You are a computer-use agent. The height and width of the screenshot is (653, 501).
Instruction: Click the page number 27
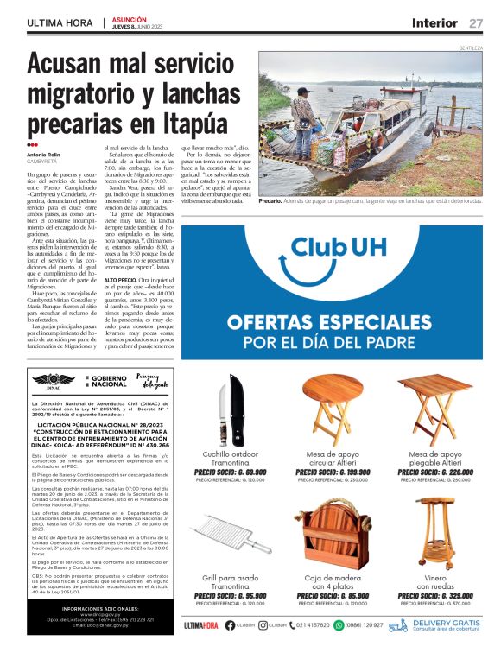(477, 22)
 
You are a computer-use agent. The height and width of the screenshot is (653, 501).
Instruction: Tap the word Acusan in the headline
(64, 66)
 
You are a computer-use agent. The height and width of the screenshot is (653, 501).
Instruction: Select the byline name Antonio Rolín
(45, 155)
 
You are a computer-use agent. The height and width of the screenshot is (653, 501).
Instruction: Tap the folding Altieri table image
(435, 409)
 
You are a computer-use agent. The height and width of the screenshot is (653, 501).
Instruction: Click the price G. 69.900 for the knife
(230, 472)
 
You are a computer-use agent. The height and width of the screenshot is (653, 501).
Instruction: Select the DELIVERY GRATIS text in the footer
(447, 622)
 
